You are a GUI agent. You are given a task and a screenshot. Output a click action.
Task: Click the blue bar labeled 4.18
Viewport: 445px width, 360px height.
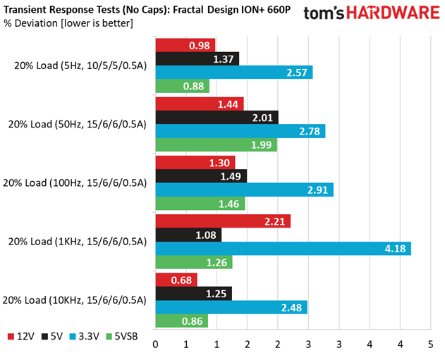(284, 249)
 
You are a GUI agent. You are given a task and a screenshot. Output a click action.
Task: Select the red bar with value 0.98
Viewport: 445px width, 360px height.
(185, 45)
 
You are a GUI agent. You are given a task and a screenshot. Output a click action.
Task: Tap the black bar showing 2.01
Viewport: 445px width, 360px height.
(217, 118)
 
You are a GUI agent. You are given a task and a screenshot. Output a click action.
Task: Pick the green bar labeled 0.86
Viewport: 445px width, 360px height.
(182, 321)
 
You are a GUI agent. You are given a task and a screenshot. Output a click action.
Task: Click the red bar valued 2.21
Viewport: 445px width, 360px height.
(223, 221)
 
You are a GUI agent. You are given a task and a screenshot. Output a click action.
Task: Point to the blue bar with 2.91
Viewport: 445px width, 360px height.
(244, 190)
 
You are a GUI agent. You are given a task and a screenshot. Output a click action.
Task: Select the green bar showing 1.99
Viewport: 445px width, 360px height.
(217, 144)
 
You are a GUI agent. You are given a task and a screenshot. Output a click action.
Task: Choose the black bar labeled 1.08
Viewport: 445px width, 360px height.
(188, 235)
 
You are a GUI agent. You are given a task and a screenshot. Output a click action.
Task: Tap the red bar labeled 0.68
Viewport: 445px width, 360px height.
(176, 280)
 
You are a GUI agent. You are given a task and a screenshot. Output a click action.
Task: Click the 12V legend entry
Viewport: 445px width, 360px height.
(20, 337)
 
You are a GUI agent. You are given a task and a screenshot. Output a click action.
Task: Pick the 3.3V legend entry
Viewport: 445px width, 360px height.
(85, 337)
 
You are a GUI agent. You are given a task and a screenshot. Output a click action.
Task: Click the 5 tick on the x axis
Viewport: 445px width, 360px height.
(430, 345)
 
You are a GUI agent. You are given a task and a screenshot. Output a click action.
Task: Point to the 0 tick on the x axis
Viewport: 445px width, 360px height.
(156, 345)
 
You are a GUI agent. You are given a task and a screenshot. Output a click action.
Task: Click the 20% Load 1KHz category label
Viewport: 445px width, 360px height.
(77, 242)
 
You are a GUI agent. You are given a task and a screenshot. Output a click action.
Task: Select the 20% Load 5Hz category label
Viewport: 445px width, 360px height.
(80, 66)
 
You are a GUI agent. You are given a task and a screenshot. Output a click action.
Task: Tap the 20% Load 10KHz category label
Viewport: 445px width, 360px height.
(74, 300)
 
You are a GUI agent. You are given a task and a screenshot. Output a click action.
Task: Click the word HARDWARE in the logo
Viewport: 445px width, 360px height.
(393, 13)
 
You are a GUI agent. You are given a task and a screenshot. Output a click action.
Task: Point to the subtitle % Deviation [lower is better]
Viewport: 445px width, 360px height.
(68, 23)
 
